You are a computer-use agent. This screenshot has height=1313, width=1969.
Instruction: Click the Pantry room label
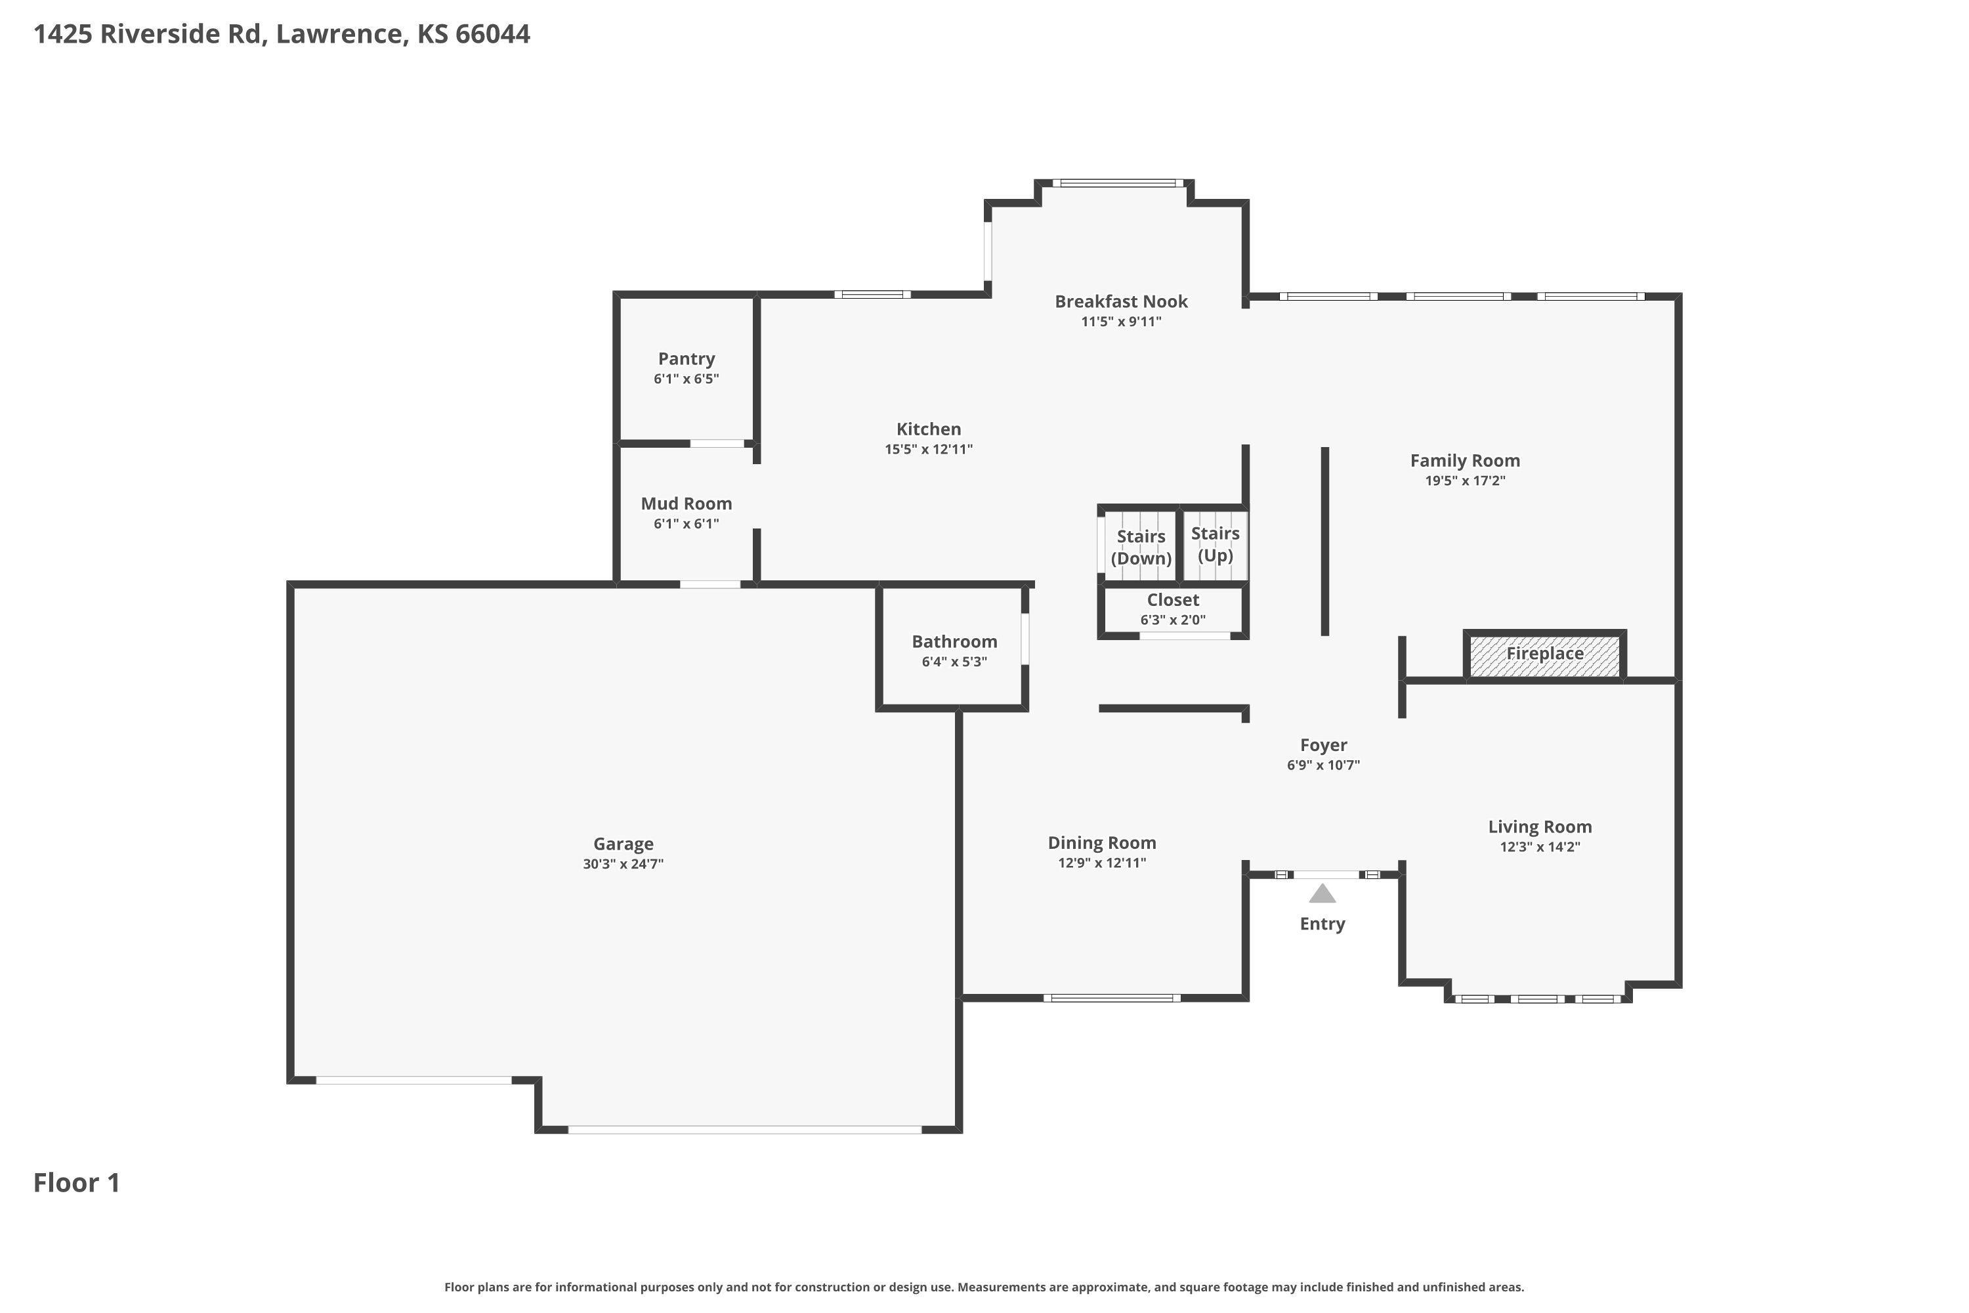pos(687,359)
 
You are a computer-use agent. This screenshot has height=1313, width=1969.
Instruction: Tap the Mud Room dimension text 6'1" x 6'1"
pos(687,524)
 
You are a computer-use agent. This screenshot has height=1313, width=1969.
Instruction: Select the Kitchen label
pos(929,429)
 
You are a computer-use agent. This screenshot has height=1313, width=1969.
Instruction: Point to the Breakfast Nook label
pos(1121,301)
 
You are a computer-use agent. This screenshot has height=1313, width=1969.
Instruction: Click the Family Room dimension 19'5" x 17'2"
pos(1465,481)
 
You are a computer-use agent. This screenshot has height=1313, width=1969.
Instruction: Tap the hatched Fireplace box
pos(1544,654)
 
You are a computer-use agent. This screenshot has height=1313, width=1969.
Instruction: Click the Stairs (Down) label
pos(1141,548)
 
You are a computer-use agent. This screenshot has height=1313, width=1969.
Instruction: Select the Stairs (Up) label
pos(1216,544)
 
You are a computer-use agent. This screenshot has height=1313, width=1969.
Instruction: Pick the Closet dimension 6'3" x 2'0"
pos(1173,620)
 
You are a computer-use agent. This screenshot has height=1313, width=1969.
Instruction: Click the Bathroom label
pos(954,642)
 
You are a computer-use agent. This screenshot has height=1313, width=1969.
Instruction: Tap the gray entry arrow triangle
pos(1322,893)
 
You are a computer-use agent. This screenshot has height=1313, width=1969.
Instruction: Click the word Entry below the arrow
pos(1323,924)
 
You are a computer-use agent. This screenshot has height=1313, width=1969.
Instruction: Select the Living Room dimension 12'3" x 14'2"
pos(1540,847)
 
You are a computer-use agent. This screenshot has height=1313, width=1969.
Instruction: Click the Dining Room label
pos(1102,843)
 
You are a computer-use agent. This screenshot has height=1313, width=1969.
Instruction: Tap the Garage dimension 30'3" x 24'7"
pos(624,864)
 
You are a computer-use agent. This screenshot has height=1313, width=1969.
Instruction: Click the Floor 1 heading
pos(77,1183)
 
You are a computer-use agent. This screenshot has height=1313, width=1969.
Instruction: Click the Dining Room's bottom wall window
pos(1112,998)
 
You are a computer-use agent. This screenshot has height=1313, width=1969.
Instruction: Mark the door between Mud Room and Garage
pos(710,584)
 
